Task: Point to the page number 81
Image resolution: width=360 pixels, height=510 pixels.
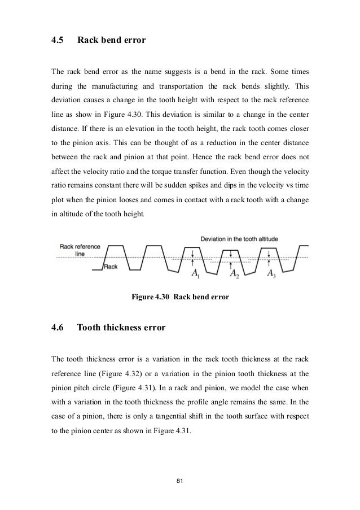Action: (x=180, y=480)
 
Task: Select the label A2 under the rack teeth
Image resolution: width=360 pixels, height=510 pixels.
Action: (x=234, y=274)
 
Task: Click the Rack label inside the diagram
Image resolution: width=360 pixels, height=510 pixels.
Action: (x=110, y=267)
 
